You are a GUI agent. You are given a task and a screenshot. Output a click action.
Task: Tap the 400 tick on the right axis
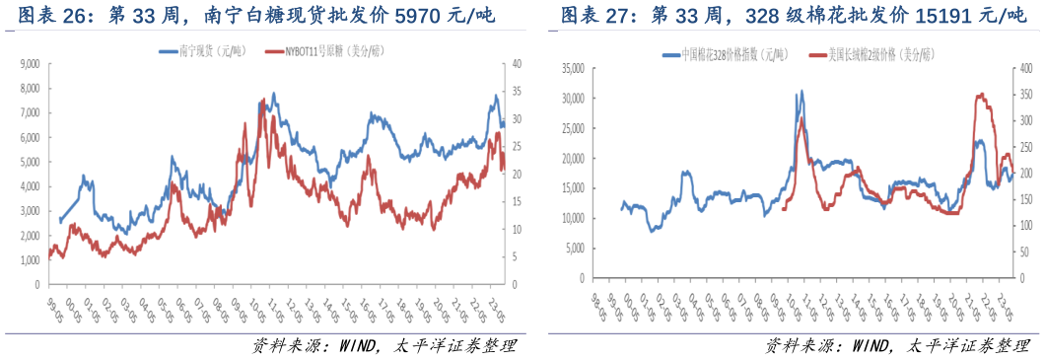pyautogui.click(x=1026, y=68)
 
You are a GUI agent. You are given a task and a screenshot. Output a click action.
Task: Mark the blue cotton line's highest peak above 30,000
pyautogui.click(x=801, y=91)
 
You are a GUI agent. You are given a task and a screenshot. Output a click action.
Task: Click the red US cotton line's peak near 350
pyautogui.click(x=980, y=95)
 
